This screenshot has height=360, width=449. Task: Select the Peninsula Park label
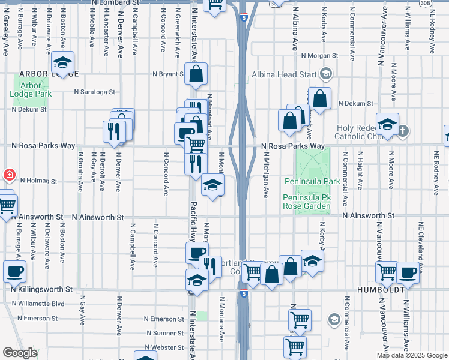coord(312,181)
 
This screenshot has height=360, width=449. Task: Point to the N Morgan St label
coord(320,55)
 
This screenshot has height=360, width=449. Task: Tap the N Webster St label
coord(166,347)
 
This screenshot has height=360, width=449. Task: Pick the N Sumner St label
coord(166,332)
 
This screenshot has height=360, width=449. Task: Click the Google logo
coord(19,353)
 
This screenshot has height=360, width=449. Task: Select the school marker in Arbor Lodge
coord(62,62)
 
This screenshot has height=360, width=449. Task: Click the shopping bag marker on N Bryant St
coord(196,74)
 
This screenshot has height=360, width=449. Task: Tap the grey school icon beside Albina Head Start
coord(326,74)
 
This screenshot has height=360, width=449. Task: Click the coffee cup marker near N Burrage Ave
coord(14,271)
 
